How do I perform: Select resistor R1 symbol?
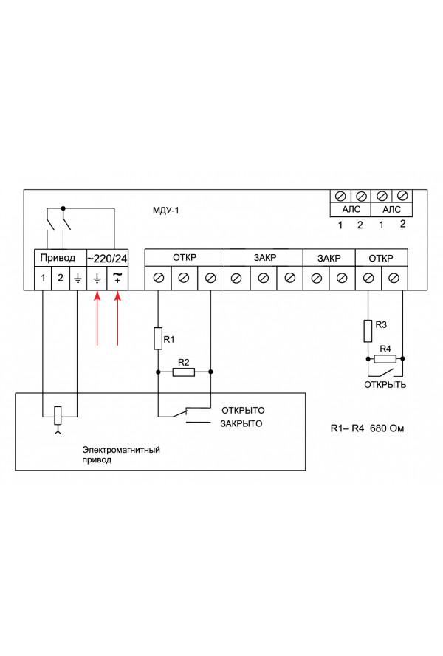[157, 339]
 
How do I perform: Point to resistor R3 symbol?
[367, 330]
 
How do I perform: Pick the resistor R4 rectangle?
[385, 359]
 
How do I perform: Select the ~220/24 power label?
[109, 259]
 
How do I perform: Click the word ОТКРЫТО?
[242, 410]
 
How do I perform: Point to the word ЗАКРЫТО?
[241, 424]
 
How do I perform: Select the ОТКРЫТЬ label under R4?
[384, 385]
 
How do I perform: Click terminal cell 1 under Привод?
[44, 279]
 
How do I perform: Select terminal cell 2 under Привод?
[61, 279]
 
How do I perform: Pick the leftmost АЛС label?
[349, 210]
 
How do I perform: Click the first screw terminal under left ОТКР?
[158, 279]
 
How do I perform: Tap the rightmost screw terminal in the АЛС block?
[402, 197]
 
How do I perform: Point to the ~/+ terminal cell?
[117, 279]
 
